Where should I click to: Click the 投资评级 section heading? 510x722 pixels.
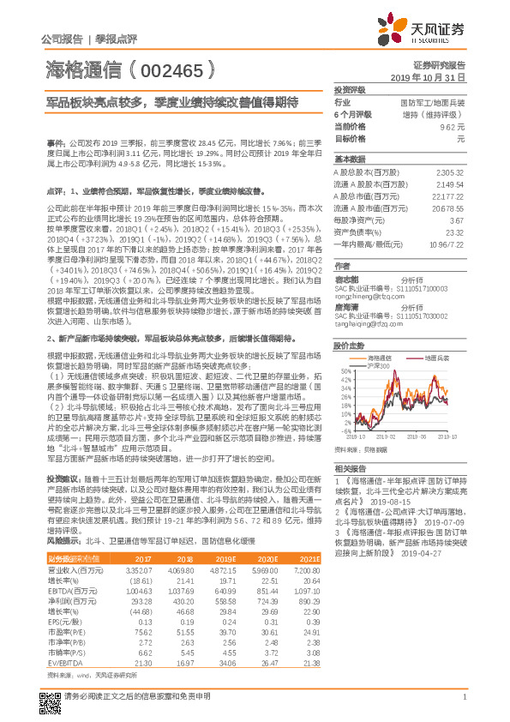coord(350,89)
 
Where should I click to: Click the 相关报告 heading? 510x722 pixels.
coord(350,468)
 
